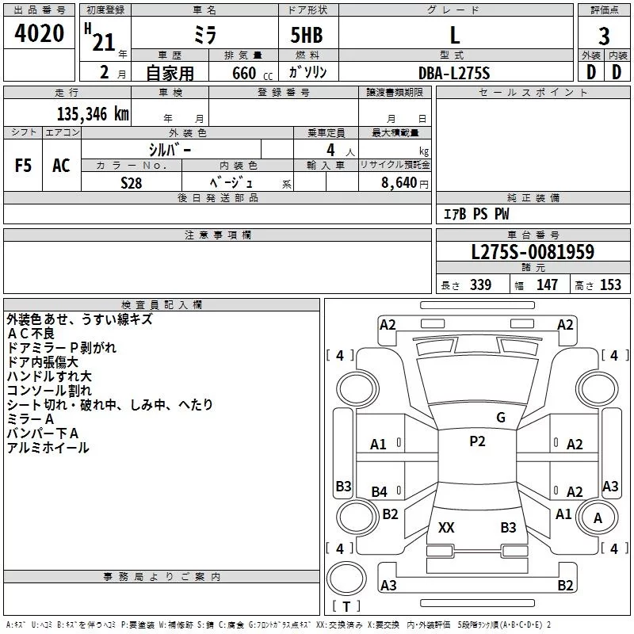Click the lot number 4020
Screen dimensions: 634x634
40,33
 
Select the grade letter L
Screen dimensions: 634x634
454,35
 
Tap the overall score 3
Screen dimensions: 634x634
604,36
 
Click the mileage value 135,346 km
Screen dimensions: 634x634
92,113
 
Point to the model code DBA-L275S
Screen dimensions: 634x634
454,73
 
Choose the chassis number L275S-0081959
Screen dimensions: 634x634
533,252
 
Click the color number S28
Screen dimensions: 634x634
131,181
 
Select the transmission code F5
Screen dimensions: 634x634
24,166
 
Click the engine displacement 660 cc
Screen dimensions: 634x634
242,73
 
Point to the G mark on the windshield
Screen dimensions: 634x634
501,418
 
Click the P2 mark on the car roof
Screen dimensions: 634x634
477,441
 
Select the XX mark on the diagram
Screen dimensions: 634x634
446,527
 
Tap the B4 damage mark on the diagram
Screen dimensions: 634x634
380,492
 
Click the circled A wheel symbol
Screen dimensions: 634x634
598,518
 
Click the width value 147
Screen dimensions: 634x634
548,285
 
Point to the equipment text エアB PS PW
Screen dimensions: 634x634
475,214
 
